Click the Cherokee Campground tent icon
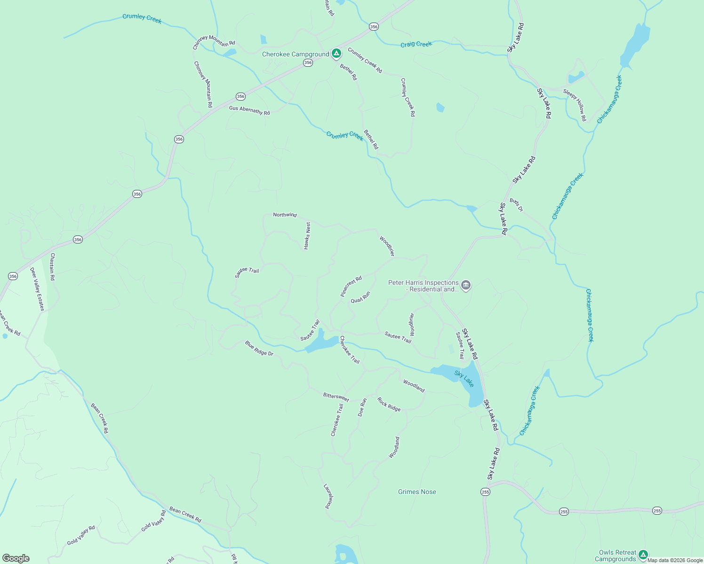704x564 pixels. click(x=336, y=54)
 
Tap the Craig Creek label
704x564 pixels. click(x=416, y=44)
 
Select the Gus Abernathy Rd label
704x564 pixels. click(x=249, y=110)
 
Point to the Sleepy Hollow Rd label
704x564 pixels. click(x=575, y=105)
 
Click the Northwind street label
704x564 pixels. click(x=285, y=215)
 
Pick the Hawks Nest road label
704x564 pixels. click(x=307, y=235)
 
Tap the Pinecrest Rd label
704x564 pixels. click(x=351, y=286)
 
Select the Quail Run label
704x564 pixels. click(x=360, y=297)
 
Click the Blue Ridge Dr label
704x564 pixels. click(x=259, y=348)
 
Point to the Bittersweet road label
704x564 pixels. click(x=336, y=397)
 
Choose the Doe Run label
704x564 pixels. click(x=362, y=407)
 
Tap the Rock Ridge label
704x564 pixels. click(x=389, y=404)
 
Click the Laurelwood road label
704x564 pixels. click(x=328, y=496)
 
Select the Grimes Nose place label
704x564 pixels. click(x=417, y=492)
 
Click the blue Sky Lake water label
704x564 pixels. click(x=464, y=378)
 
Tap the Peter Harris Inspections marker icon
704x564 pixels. click(x=466, y=285)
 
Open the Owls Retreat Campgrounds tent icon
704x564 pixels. click(x=643, y=555)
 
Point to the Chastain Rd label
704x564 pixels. click(x=53, y=267)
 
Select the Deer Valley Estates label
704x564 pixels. click(x=37, y=289)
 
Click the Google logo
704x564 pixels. click(x=16, y=558)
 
